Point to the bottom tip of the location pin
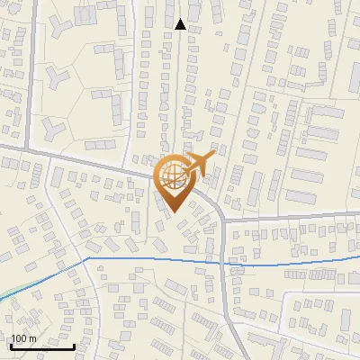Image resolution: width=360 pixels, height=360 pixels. coord(173,213)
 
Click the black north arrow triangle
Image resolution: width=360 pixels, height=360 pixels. coord(180,24)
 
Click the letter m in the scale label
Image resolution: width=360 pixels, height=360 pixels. coord(32,338)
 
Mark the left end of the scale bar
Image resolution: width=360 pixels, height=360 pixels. coord(11,346)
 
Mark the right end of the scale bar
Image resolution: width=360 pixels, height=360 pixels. coord(75,346)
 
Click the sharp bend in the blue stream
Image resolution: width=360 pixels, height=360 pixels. coord(88,258)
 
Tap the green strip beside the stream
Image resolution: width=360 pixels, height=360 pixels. coord(22,288)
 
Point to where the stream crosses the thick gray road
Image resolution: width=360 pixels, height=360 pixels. coord(222,261)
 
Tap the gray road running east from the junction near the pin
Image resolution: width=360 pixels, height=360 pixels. coord(288,215)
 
